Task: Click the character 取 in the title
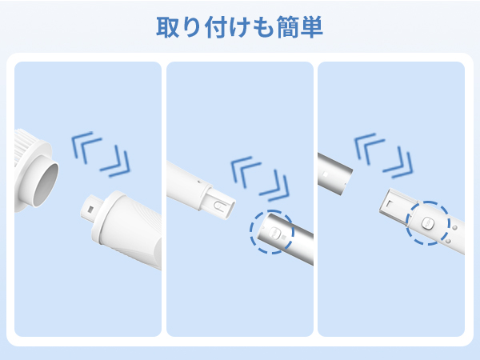168,27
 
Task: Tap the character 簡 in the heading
288,27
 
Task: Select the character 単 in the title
312,27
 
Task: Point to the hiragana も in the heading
263,27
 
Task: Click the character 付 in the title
216,27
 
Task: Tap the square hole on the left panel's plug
90,210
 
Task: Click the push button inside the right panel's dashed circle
428,223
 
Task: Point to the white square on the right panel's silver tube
326,174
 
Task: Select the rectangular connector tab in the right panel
398,203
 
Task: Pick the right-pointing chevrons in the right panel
398,162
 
